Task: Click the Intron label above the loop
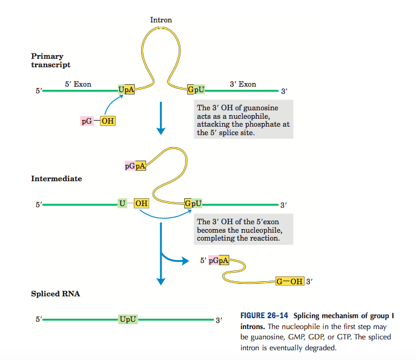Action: pos(160,20)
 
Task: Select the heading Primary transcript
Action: pos(51,61)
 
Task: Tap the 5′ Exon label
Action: pos(78,84)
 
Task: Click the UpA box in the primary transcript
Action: pos(127,91)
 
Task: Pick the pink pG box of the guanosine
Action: pos(88,121)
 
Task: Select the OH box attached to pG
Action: pos(107,121)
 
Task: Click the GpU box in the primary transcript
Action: pos(196,91)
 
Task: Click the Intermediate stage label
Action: pos(56,179)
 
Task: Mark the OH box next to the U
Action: pos(140,204)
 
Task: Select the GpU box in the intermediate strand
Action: pos(193,204)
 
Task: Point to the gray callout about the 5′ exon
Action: pos(243,230)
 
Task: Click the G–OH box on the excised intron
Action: pos(289,281)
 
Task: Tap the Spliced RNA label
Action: pos(56,294)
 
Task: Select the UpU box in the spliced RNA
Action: pos(128,318)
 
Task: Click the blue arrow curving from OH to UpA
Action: pos(110,102)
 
